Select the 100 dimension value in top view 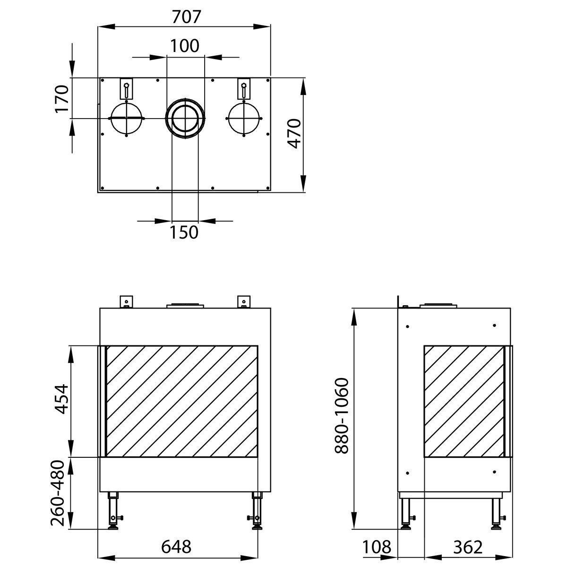(x=184, y=46)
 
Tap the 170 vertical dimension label (x=61, y=99)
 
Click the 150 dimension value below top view (x=184, y=232)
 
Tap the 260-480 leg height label (x=60, y=493)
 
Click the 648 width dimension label (x=176, y=547)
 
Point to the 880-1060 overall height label (x=341, y=415)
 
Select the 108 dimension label (x=377, y=547)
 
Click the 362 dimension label (x=467, y=547)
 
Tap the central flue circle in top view (x=185, y=118)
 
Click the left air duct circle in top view (x=126, y=118)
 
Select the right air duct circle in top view (x=243, y=118)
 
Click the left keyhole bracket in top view (x=126, y=88)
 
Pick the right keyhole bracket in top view (x=243, y=88)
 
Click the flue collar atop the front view (x=185, y=305)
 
